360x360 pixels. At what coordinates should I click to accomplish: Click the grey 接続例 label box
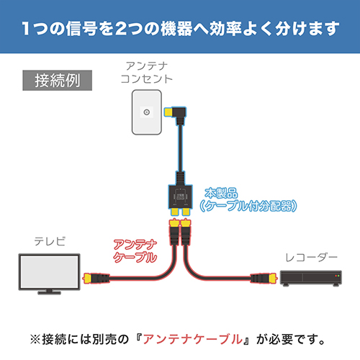coord(58,81)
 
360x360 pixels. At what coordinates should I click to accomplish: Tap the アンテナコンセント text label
coord(147,73)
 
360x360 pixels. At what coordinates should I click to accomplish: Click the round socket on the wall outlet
coord(147,112)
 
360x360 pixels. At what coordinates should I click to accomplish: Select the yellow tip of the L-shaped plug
coord(168,112)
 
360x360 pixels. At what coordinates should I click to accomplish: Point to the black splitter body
coord(181,197)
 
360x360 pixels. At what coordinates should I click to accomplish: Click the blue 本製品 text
coord(221,193)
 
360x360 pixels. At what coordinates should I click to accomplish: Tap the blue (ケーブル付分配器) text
coord(248,206)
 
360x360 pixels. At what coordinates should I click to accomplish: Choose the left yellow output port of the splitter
coord(175,212)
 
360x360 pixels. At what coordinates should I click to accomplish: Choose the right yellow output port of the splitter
coord(186,212)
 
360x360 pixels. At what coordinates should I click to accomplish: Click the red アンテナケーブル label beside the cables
coord(135,251)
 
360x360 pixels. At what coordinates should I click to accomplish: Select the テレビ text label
coord(50,241)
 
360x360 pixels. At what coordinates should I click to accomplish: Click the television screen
coord(50,271)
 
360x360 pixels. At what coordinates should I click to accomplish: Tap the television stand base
coord(50,292)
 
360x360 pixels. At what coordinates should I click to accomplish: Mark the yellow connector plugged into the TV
coord(87,279)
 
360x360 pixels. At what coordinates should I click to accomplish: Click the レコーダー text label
coord(311,258)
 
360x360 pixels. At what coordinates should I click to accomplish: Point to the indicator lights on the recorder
coord(337,276)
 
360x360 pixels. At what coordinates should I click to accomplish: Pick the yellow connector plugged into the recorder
coord(273,279)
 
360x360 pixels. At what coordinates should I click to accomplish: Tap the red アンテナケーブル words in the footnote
coord(193,339)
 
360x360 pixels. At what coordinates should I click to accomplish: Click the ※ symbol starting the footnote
coord(35,340)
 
